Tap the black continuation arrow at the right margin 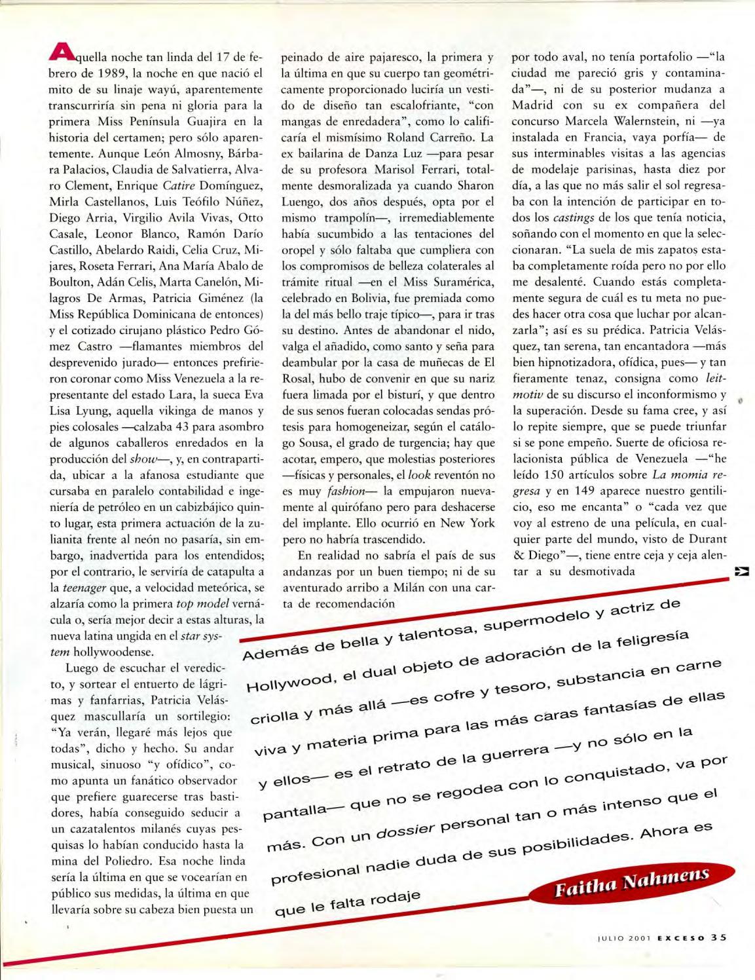click(x=742, y=571)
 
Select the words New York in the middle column click(x=468, y=523)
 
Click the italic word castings click(x=572, y=217)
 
